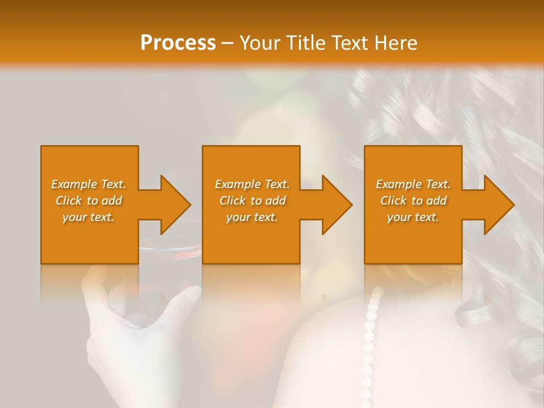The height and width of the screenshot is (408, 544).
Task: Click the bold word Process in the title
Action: coord(178,42)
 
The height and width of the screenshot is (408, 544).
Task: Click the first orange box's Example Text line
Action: coord(88,184)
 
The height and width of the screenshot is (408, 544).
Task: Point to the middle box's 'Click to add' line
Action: coord(252,201)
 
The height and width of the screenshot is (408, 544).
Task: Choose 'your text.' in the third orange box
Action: coord(413,217)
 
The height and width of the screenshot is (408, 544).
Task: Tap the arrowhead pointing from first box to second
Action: coord(175,205)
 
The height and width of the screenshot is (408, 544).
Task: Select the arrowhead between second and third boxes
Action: coord(337,205)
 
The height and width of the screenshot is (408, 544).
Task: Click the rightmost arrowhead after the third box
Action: coord(499,205)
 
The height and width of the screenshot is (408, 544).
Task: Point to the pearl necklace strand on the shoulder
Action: coord(370,334)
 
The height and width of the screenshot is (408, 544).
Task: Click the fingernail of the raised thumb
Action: coord(192,294)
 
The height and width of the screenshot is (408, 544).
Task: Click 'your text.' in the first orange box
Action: coord(88,217)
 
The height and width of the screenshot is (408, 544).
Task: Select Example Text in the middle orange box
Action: coord(252,184)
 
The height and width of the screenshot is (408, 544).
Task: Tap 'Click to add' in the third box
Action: coord(413,201)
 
